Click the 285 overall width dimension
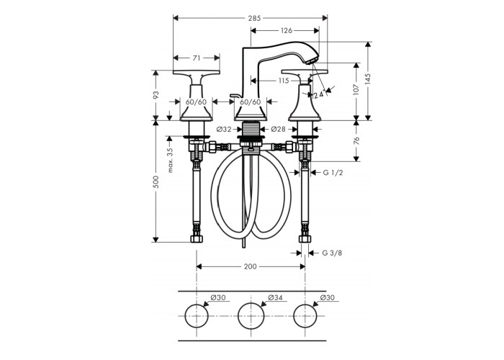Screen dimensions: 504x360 [x=254, y=18]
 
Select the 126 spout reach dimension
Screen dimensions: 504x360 [x=287, y=30]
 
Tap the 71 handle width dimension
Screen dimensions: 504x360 [x=197, y=58]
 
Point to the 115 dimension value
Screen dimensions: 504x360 [x=284, y=81]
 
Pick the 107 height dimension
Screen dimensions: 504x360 [x=356, y=91]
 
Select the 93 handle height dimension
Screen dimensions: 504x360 [x=156, y=95]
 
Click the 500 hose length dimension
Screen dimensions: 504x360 [x=156, y=182]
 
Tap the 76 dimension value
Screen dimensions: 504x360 [x=356, y=141]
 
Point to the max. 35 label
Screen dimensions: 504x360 [x=170, y=160]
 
